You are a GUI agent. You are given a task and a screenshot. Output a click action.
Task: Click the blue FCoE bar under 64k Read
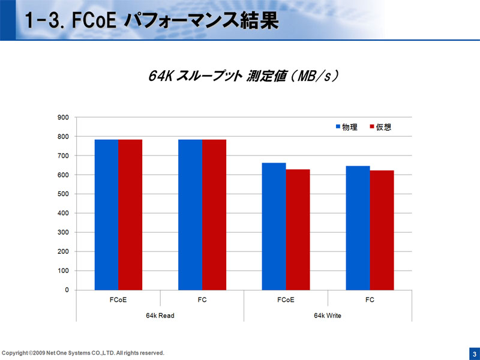[106, 214]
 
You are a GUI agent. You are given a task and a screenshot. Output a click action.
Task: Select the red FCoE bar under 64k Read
[130, 214]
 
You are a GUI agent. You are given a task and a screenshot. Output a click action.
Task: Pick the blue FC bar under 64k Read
[190, 214]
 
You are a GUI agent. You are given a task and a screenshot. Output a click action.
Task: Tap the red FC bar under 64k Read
[214, 214]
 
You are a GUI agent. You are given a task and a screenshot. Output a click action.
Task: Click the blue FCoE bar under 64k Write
[274, 226]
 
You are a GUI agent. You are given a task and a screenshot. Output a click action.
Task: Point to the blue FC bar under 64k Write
[358, 227]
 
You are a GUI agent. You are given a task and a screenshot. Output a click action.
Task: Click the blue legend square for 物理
[338, 127]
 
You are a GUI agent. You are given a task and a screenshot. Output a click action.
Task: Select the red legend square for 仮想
[372, 127]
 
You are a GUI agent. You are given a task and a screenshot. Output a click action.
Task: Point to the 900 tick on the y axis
[63, 118]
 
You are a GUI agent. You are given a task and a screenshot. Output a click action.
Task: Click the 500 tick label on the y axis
[63, 194]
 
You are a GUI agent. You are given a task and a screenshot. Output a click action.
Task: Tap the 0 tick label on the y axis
[67, 290]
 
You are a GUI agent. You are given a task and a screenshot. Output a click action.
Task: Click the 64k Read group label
[160, 316]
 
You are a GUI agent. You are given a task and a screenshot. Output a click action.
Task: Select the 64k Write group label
[328, 316]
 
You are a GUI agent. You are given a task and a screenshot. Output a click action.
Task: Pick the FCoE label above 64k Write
[286, 300]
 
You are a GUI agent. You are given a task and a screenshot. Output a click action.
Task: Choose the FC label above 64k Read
[202, 300]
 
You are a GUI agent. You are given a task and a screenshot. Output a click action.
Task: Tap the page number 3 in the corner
[473, 353]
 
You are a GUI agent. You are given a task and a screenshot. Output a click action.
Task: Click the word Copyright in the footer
[15, 353]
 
